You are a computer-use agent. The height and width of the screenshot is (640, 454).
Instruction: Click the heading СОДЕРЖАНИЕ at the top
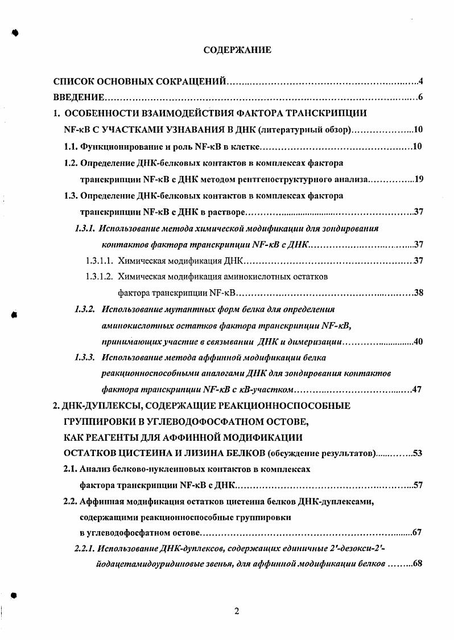point(237,50)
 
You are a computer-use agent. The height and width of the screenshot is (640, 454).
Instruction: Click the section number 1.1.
point(71,147)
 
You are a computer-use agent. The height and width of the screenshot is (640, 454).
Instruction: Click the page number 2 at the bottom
point(237,612)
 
